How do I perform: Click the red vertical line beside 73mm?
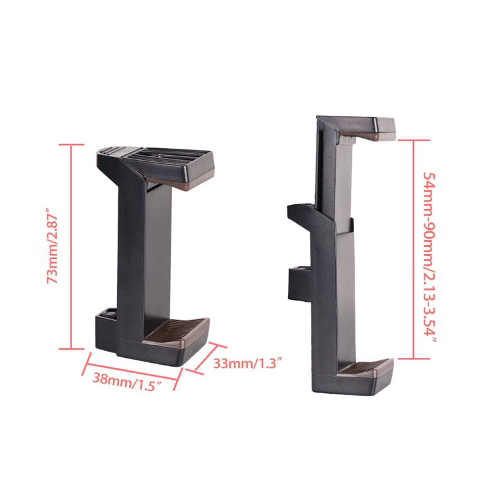71,246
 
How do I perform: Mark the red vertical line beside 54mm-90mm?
414,249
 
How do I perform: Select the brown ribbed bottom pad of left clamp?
178,333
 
